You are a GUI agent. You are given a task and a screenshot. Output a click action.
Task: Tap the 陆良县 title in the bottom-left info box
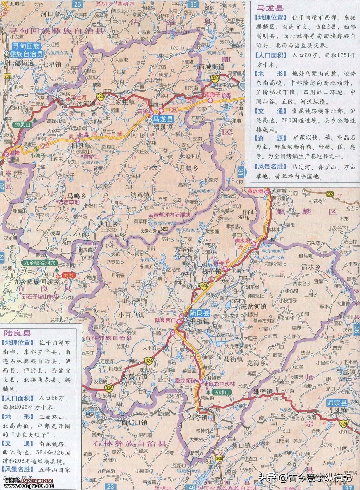[x=17, y=333]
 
